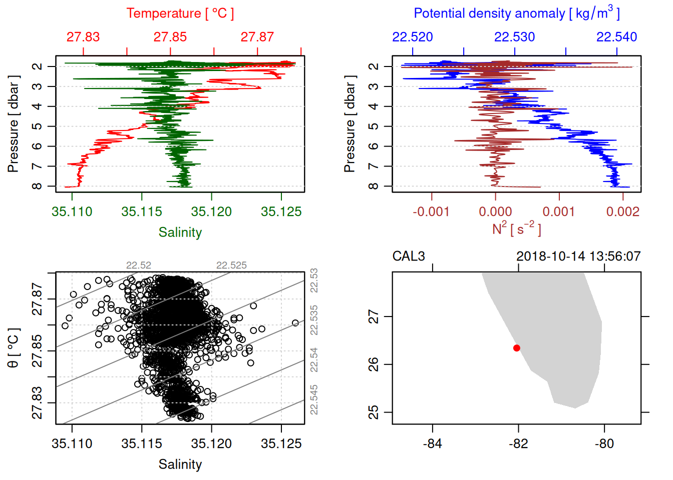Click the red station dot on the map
click(x=517, y=348)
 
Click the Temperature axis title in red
click(x=180, y=13)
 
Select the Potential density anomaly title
click(x=516, y=13)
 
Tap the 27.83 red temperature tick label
click(x=83, y=37)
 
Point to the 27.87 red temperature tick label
click(x=257, y=37)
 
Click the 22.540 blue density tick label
click(x=616, y=37)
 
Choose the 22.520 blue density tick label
click(x=413, y=37)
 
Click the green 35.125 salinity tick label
click(x=281, y=211)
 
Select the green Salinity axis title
click(x=180, y=232)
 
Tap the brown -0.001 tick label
click(x=431, y=211)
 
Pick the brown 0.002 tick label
click(x=622, y=211)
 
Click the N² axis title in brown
click(x=516, y=229)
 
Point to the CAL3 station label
click(x=409, y=256)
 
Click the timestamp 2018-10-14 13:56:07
click(x=578, y=256)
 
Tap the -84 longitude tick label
click(x=432, y=443)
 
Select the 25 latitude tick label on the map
click(x=374, y=412)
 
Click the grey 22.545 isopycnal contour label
click(x=314, y=399)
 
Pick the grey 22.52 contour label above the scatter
click(x=139, y=265)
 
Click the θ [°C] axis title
click(x=14, y=348)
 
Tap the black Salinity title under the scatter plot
click(x=180, y=464)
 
